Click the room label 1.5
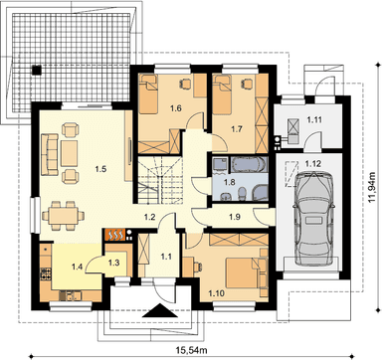coord(100,169)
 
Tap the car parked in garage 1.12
coord(313,219)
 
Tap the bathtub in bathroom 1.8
coord(248,165)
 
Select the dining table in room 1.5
coord(64,216)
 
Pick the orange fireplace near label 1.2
coord(115,235)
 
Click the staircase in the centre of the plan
coord(160,180)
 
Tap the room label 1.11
coord(313,119)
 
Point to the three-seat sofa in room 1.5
coord(50,154)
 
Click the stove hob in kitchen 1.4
coord(46,273)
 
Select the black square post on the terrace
coord(37,70)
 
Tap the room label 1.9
coord(235,217)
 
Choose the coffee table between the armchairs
coord(69,153)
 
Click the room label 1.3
coord(113,263)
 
